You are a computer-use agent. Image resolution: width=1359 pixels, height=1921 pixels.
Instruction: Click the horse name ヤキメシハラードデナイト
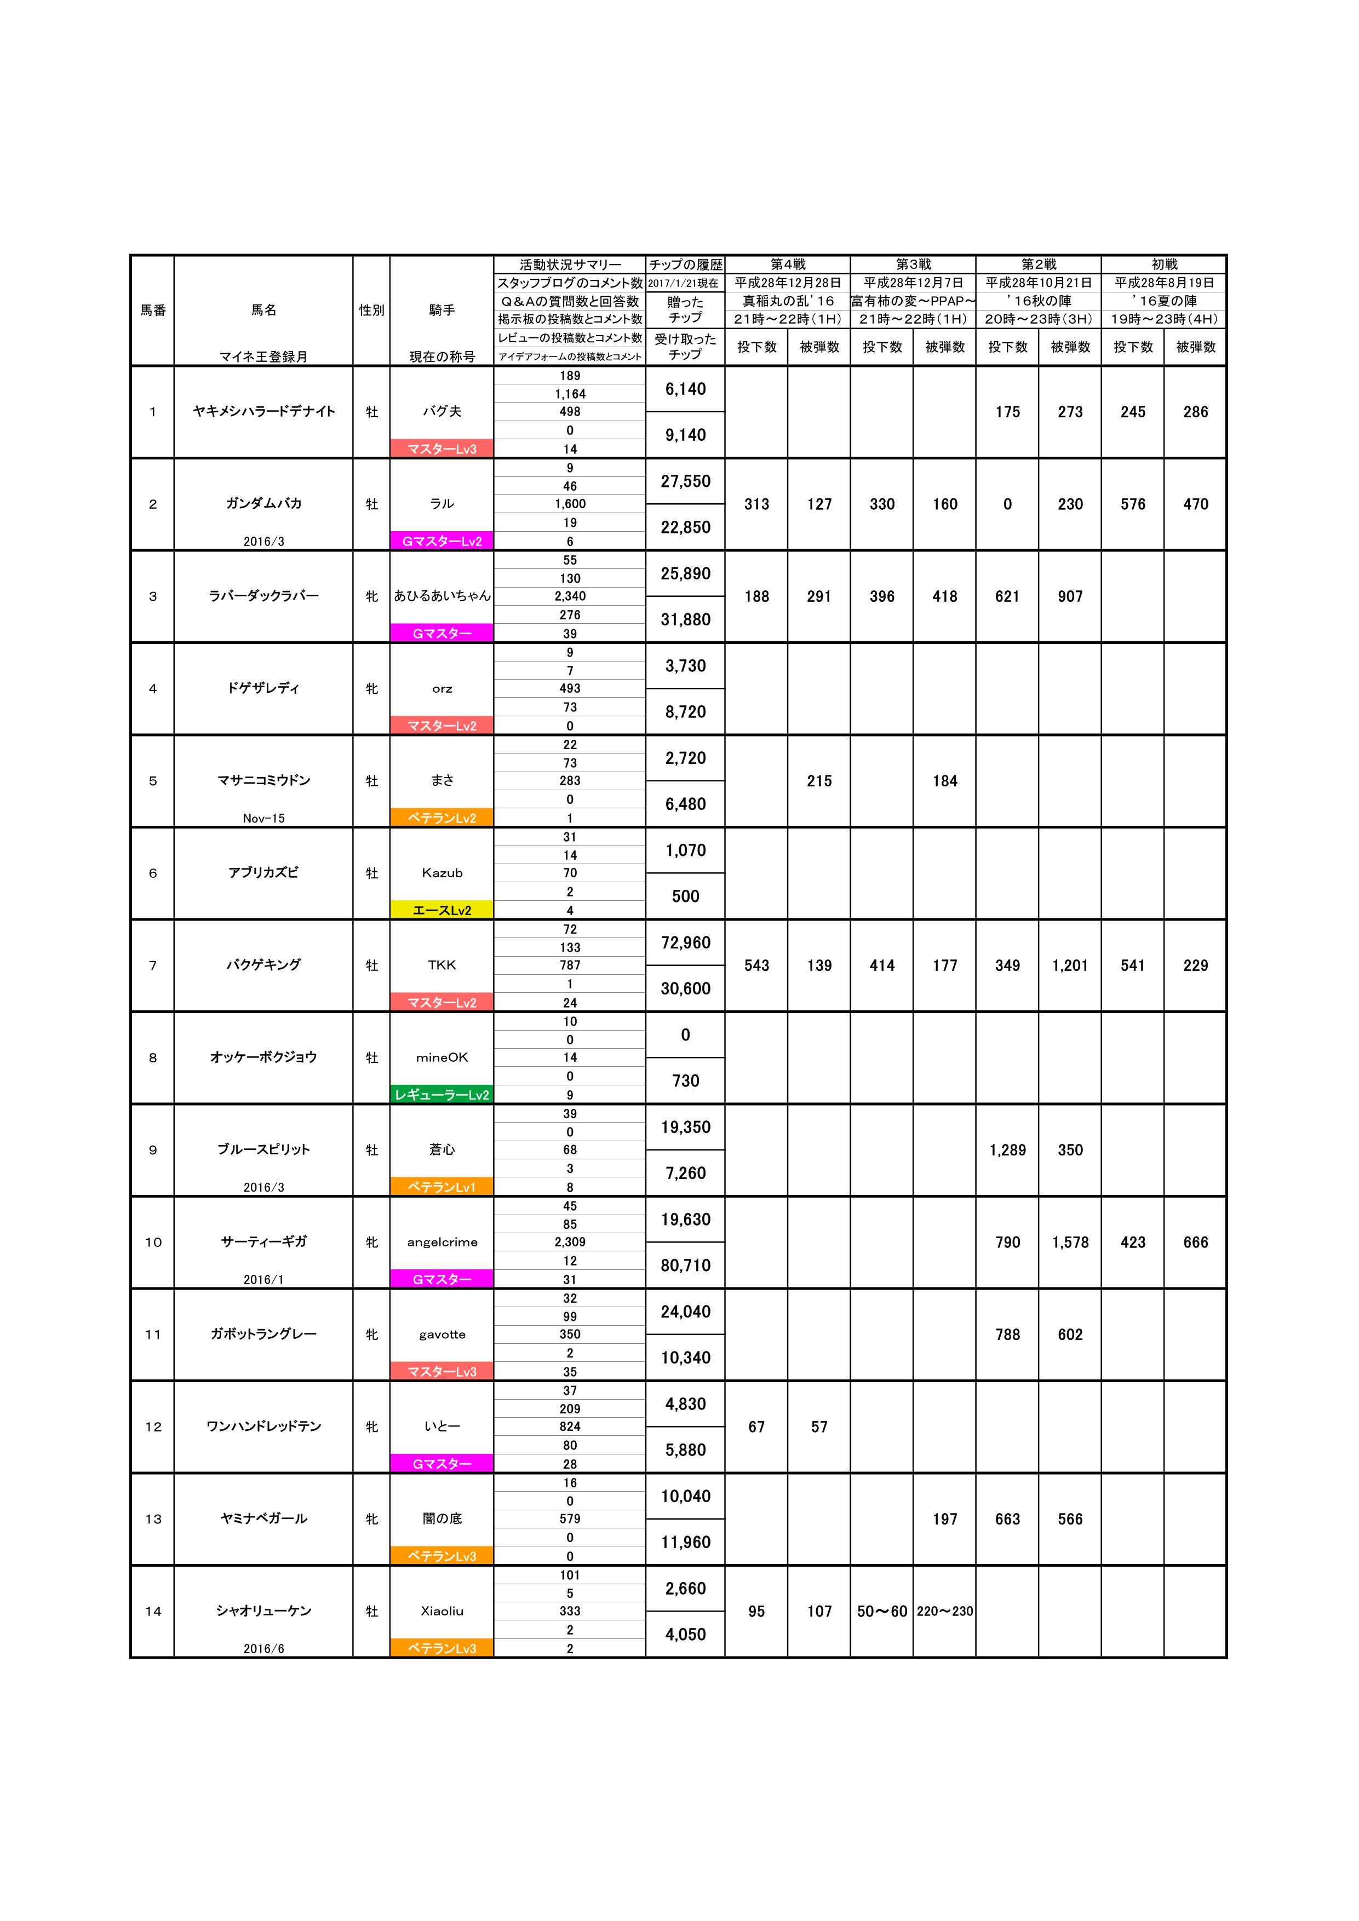pos(263,412)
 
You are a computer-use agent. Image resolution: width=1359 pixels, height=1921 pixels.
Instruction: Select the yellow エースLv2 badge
pos(442,910)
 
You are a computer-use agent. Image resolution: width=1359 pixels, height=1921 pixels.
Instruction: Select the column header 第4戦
pos(788,264)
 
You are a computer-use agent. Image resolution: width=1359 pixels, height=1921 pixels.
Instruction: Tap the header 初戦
pos(1164,264)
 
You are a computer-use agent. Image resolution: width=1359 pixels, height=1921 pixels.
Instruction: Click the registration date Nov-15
pos(263,818)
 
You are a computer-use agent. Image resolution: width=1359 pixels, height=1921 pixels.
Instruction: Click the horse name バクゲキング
pos(263,965)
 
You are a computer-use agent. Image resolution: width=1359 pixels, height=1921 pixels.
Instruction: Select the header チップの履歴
pos(685,264)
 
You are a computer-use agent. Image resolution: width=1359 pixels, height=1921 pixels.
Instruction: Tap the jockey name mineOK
pos(442,1057)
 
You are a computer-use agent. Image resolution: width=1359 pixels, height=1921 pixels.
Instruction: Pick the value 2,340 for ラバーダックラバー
pos(570,596)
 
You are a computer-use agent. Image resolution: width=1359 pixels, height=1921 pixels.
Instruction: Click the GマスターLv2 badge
pos(442,542)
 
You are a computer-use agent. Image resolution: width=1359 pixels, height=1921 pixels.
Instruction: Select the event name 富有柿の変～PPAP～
pos(913,301)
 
